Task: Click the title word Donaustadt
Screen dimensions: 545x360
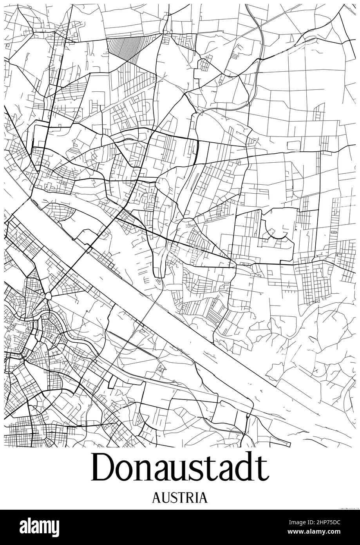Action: (x=180, y=468)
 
